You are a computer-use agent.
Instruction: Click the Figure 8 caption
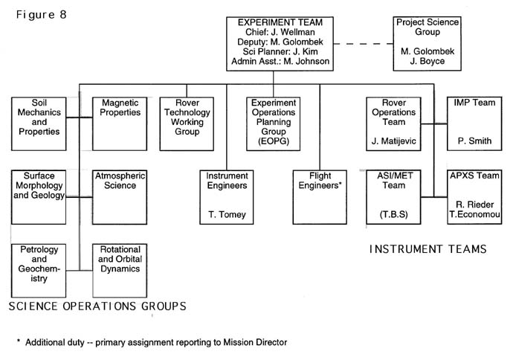tap(36, 15)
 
